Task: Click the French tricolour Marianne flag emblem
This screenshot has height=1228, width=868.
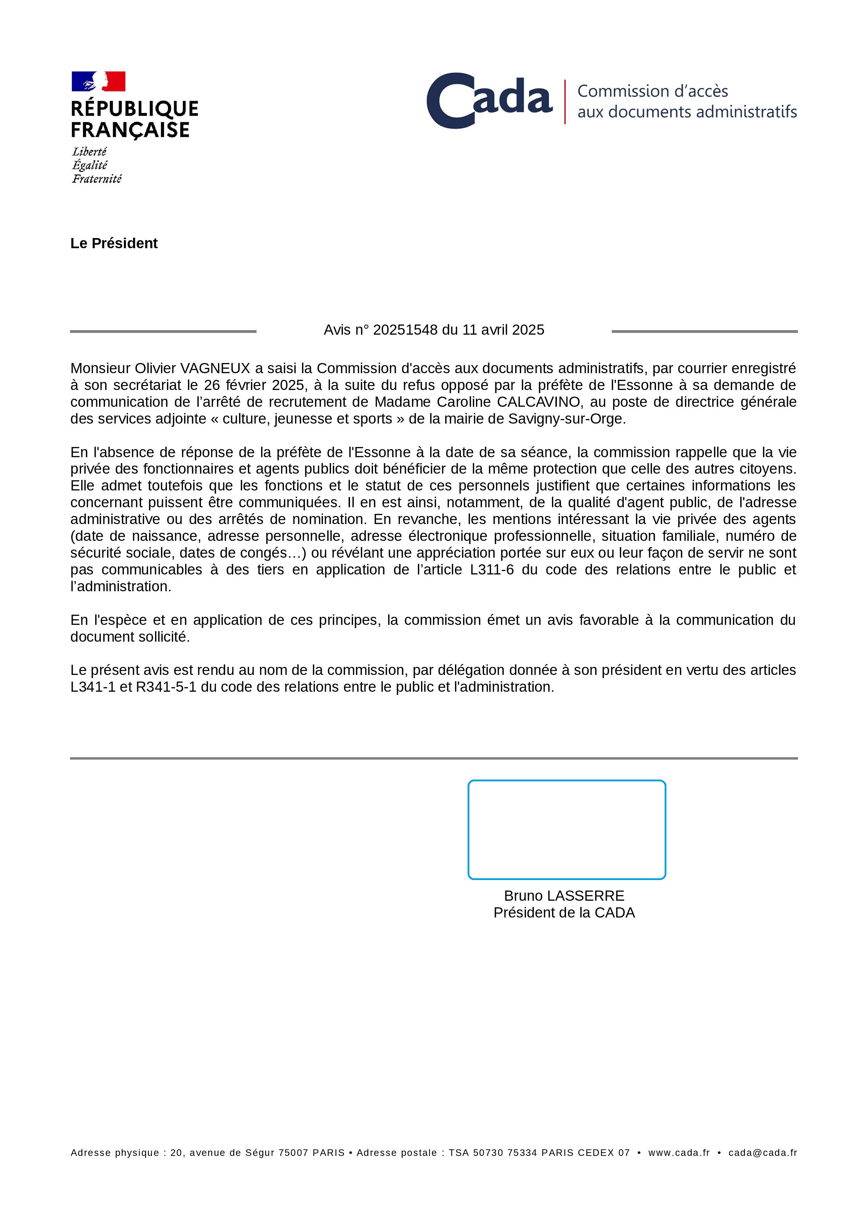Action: (98, 81)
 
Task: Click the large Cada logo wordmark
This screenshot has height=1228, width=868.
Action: (489, 100)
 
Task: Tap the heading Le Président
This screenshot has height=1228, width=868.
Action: (114, 243)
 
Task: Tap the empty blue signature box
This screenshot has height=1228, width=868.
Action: (566, 830)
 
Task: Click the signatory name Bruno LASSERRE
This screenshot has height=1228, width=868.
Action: (564, 896)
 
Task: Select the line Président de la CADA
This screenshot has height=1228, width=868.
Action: (564, 913)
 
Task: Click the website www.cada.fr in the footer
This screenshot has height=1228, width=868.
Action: (679, 1153)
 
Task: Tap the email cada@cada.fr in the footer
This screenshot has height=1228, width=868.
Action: (763, 1153)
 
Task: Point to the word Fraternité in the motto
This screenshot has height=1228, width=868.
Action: (97, 179)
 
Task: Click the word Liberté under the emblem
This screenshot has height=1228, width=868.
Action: (89, 152)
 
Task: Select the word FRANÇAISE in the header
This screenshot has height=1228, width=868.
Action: (130, 130)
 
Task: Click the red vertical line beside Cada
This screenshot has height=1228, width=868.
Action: (565, 102)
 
